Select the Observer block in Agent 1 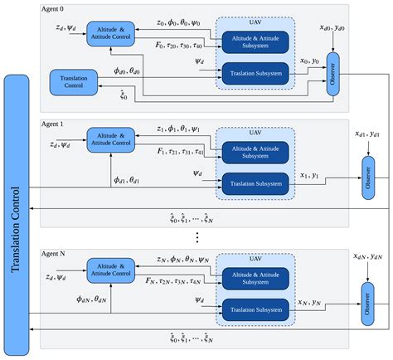pos(368,179)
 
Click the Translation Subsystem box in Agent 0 pos(255,73)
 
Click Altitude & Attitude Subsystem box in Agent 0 pos(255,41)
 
